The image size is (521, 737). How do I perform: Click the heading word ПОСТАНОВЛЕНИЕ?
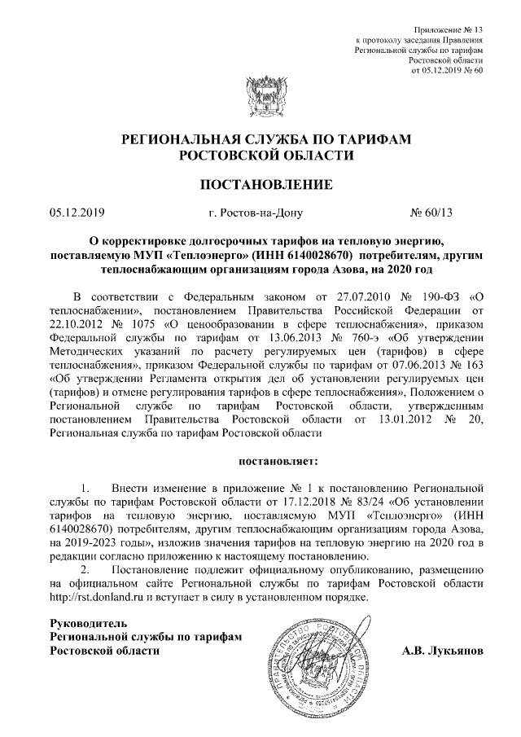point(267,185)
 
